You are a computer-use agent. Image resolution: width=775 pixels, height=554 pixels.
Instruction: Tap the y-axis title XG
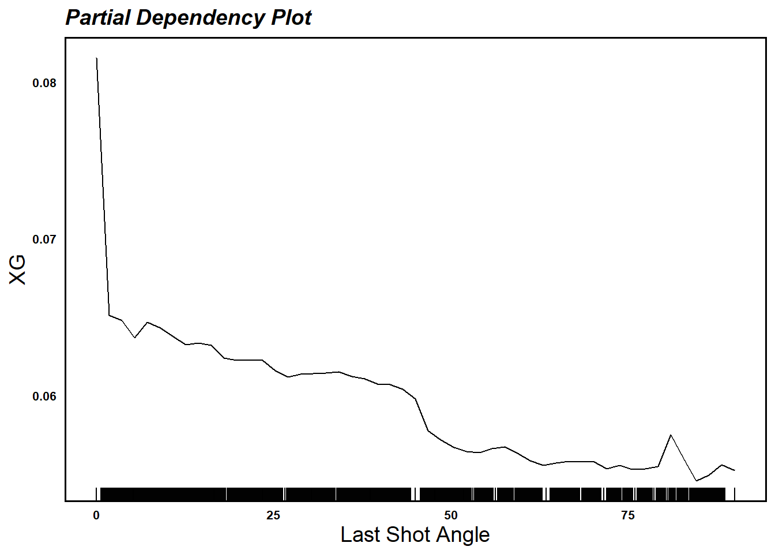coord(18,269)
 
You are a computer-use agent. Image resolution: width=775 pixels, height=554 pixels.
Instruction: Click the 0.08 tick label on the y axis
coord(44,83)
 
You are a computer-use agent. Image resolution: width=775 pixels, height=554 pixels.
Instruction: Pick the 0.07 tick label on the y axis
coord(44,239)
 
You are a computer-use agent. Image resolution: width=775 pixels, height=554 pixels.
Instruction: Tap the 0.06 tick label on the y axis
coord(44,396)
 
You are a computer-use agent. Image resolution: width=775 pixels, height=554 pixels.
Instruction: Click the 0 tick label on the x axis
coord(96,515)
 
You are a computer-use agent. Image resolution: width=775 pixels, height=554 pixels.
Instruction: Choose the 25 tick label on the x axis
coord(273,515)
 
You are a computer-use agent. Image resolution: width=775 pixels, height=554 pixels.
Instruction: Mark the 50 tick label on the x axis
coord(451,515)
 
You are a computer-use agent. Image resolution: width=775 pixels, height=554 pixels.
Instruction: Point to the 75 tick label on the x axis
coord(628,515)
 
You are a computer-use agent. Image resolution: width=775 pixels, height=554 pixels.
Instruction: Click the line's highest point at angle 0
coord(96,58)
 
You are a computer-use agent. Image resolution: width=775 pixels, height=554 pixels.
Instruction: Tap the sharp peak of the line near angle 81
coord(671,435)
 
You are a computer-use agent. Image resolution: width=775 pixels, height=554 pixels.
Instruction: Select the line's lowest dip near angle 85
coord(697,481)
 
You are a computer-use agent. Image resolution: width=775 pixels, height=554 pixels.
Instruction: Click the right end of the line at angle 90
coord(735,470)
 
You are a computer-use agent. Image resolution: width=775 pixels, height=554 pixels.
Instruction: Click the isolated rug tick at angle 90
coord(735,494)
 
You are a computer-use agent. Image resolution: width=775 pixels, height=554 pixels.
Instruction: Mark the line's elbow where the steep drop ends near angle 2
coord(110,315)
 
